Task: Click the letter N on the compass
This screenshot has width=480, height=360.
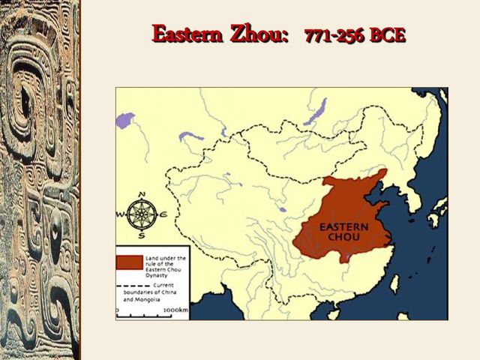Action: pos(139,195)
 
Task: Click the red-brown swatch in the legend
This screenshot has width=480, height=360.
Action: pos(129,262)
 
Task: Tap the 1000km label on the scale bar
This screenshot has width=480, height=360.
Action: pos(175,309)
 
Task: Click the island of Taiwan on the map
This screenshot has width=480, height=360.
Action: pos(394,283)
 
